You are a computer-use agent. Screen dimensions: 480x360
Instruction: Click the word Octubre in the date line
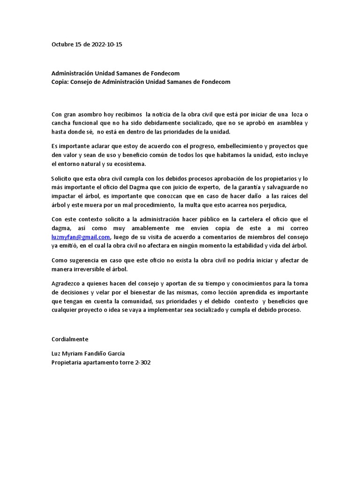point(62,45)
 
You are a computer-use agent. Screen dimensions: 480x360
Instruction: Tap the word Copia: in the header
point(61,82)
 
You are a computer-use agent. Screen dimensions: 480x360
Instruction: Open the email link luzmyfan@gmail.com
point(80,237)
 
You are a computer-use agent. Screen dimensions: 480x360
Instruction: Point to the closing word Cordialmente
point(69,338)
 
